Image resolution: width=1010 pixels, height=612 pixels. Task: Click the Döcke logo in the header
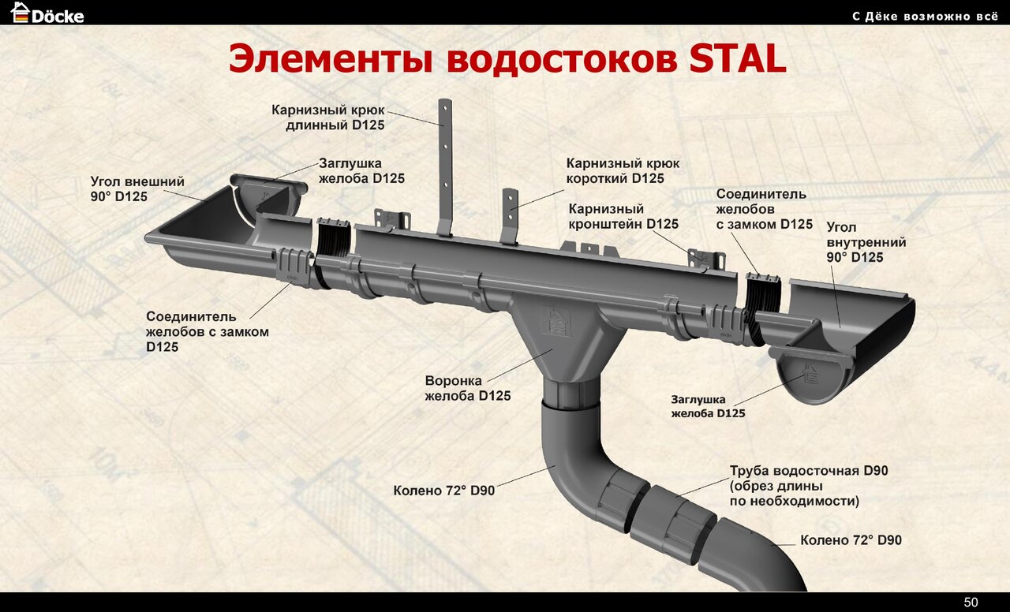[47, 13]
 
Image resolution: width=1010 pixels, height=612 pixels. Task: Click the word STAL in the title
[738, 60]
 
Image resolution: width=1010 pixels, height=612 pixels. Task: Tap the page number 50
[971, 603]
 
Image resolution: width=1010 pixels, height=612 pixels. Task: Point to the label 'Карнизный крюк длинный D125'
[328, 117]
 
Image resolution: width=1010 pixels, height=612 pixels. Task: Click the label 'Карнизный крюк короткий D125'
[623, 170]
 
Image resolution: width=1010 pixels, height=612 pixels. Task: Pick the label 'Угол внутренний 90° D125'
[866, 242]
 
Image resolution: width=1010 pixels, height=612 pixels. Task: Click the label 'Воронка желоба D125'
[467, 388]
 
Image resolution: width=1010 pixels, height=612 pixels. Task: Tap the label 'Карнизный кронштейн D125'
[623, 217]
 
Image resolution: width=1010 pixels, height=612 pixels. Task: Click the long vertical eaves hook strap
[445, 166]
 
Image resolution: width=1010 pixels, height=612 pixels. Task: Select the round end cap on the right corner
[809, 377]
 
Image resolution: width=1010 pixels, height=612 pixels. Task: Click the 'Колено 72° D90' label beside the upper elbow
[444, 491]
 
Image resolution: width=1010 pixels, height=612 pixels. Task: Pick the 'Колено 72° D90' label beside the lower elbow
[851, 540]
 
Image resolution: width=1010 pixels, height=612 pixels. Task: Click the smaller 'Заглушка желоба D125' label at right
[708, 406]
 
